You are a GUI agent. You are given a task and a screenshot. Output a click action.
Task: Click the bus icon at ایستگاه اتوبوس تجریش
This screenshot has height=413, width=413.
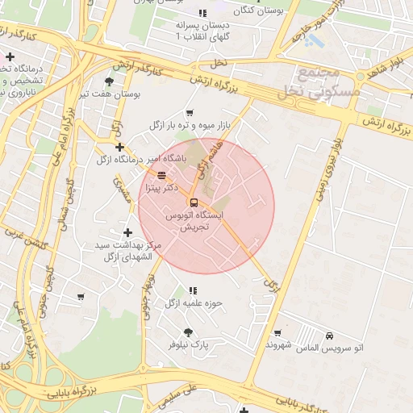click(194, 202)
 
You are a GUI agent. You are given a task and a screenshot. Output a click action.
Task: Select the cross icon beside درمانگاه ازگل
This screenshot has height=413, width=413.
click(120, 147)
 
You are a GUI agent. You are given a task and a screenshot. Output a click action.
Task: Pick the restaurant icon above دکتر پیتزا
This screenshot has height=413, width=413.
click(161, 175)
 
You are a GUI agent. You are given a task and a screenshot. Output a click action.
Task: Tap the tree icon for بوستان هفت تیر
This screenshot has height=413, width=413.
click(109, 81)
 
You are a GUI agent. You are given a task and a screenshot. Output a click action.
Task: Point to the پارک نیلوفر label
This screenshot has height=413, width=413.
click(188, 344)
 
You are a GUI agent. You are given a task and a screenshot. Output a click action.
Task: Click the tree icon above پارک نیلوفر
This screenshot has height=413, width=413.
click(188, 332)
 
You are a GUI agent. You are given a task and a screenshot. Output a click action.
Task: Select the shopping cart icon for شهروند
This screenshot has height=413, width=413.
click(277, 332)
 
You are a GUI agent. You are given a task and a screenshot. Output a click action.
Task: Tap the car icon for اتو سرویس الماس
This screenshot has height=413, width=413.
click(329, 336)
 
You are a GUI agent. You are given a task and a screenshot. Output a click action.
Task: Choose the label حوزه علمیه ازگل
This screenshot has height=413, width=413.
click(193, 303)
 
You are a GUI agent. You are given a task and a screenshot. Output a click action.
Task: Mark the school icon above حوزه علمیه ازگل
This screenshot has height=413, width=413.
click(193, 290)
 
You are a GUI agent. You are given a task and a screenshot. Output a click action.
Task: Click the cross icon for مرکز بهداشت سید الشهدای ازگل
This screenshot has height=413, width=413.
click(127, 232)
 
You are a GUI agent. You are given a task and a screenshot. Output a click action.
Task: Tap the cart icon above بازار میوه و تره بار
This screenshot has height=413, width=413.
click(190, 112)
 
